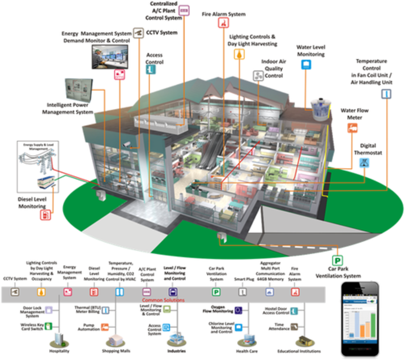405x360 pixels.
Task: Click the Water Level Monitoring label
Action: click(x=311, y=51)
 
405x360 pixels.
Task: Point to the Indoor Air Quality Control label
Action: click(x=273, y=68)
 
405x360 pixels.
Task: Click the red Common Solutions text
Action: click(x=163, y=300)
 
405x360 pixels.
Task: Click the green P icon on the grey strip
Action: click(x=216, y=292)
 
